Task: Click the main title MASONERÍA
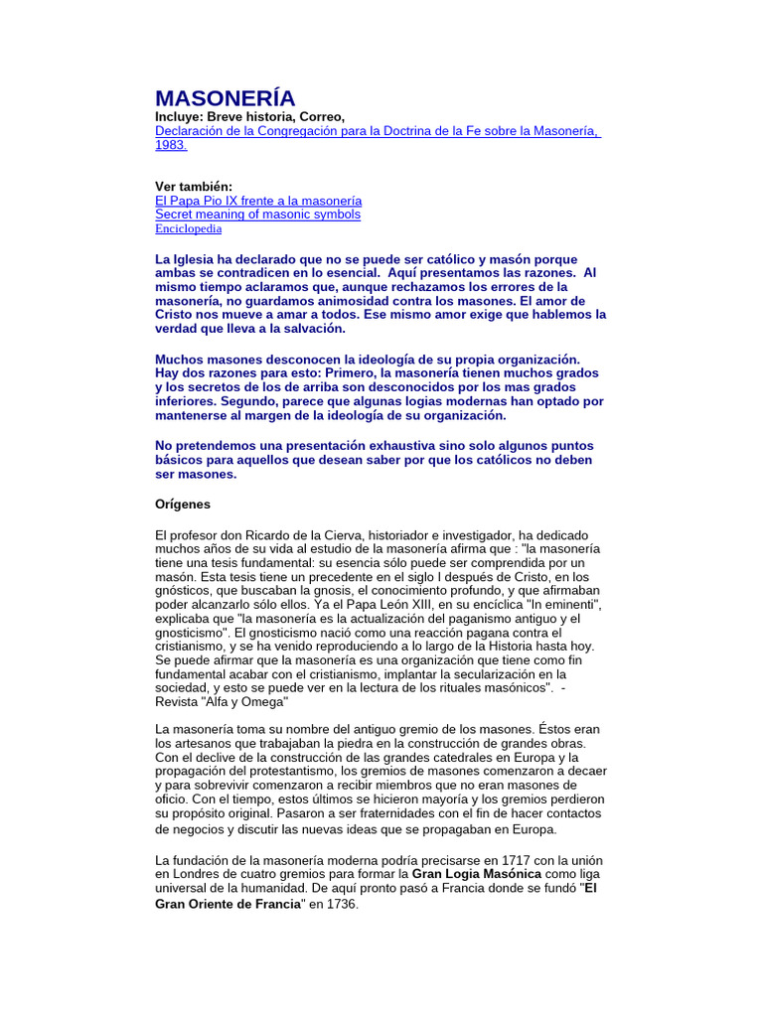tap(225, 98)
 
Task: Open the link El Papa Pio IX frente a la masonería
tap(258, 201)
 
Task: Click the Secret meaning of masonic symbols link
tap(257, 215)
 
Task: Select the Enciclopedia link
tap(188, 228)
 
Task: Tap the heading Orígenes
tap(183, 505)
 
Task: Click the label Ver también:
tap(193, 187)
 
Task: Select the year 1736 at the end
tap(341, 905)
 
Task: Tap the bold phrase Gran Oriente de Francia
tap(228, 905)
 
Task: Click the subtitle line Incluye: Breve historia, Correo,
tap(249, 117)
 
